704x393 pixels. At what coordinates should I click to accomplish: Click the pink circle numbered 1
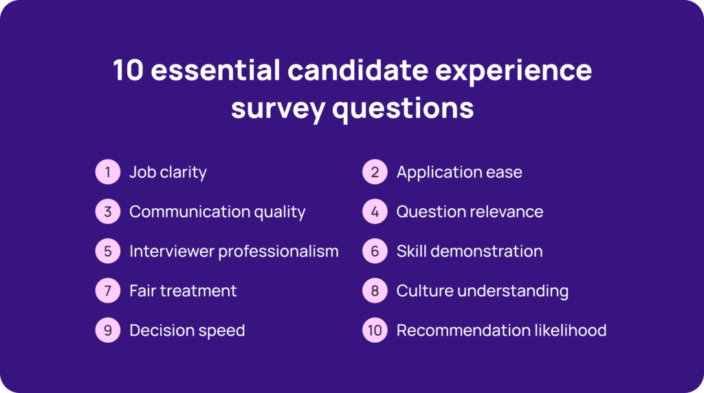[x=108, y=172]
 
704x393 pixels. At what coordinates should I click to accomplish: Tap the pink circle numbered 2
[x=375, y=172]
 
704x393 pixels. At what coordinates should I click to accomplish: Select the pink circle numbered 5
[x=108, y=251]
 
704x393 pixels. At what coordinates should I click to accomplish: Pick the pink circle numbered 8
[x=375, y=291]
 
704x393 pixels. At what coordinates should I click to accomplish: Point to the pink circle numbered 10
[x=375, y=330]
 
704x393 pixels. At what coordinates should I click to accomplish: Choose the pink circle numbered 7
[x=108, y=291]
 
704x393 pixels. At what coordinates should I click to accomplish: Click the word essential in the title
[x=215, y=70]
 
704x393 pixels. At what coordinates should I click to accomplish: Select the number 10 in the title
[x=129, y=71]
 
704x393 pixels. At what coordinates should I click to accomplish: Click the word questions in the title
[x=403, y=109]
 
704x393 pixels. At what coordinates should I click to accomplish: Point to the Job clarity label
[x=168, y=172]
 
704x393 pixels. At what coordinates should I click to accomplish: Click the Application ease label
[x=459, y=172]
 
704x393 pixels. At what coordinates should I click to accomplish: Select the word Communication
[x=190, y=212]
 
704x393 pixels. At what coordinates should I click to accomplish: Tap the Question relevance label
[x=470, y=212]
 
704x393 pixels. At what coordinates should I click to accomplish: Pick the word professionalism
[x=278, y=251]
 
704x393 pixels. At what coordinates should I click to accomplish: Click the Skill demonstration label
[x=470, y=251]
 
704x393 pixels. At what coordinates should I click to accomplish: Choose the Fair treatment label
[x=183, y=291]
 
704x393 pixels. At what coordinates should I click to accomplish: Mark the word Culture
[x=425, y=291]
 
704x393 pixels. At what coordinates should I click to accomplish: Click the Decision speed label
[x=187, y=330]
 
